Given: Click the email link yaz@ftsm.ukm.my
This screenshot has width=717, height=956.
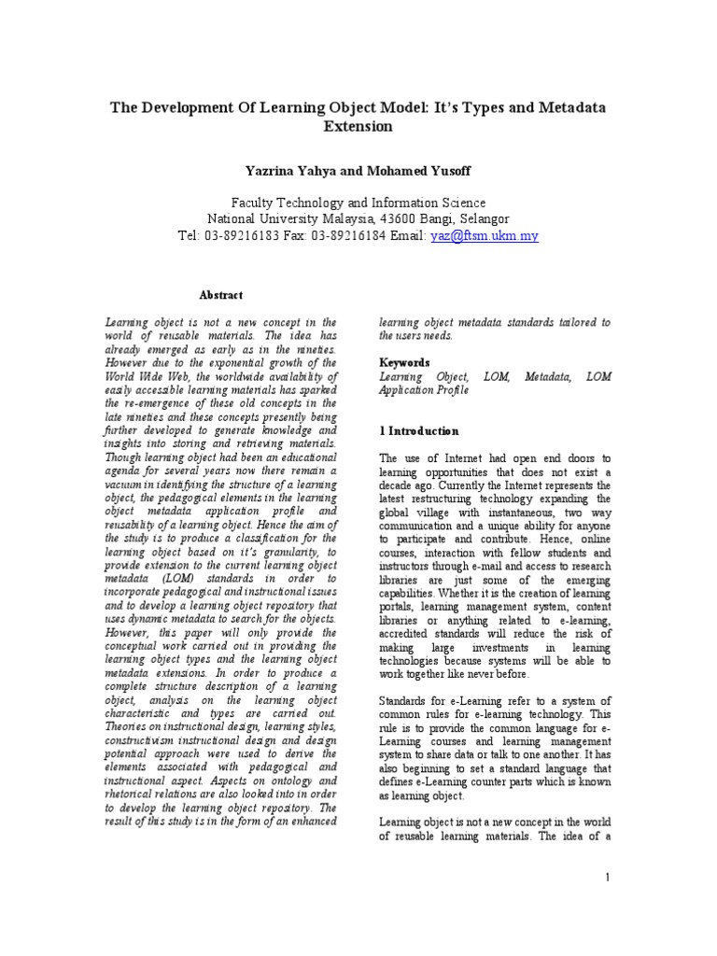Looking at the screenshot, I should [484, 236].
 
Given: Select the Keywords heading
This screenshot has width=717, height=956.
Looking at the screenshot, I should [404, 362].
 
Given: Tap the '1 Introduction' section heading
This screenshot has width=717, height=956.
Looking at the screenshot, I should [419, 431].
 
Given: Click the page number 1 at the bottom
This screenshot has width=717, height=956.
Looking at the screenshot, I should [608, 877].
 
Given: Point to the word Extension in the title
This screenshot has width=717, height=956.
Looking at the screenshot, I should [358, 126].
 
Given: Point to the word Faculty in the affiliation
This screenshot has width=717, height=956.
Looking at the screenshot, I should [255, 203].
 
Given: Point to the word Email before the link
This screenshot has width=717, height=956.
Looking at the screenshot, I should [407, 236].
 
